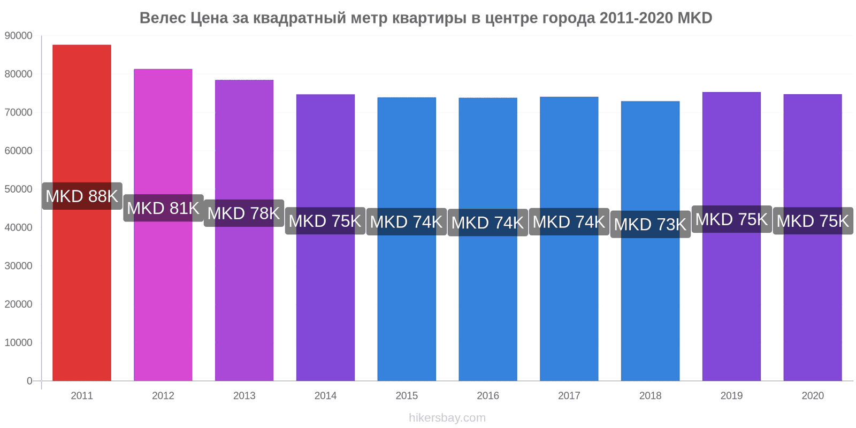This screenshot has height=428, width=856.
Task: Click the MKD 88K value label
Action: [x=82, y=196]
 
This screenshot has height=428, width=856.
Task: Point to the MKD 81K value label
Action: [x=163, y=208]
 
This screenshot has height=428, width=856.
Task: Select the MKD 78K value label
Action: [x=244, y=213]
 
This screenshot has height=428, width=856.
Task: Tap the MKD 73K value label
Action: [x=651, y=224]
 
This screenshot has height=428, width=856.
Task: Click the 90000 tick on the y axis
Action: [x=18, y=35]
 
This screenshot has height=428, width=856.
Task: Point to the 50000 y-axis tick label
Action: [x=18, y=189]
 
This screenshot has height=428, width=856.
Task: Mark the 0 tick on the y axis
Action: [x=29, y=381]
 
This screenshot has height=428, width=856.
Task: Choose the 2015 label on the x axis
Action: [x=407, y=395]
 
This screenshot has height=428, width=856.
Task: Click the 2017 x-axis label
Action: [x=569, y=395]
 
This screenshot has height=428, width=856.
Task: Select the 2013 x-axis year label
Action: [x=244, y=395]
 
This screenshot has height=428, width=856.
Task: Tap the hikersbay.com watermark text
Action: [x=447, y=418]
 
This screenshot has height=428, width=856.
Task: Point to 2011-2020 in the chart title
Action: [x=636, y=18]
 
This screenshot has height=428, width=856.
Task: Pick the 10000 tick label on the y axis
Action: [x=18, y=342]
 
